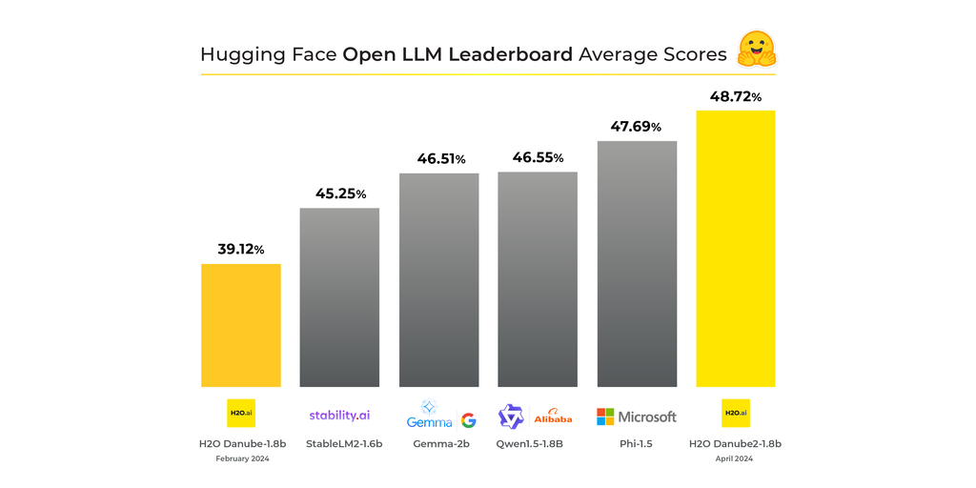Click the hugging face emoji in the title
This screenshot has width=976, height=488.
[757, 50]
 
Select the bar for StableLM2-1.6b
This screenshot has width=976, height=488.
[339, 296]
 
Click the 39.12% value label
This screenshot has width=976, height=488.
[240, 249]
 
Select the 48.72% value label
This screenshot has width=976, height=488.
[735, 96]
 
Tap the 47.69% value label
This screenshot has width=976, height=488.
[636, 127]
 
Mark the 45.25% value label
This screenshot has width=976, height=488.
[340, 193]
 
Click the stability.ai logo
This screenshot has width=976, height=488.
[339, 416]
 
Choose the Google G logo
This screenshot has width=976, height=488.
[468, 420]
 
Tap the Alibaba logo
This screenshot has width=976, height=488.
[553, 417]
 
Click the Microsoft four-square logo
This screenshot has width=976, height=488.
[605, 417]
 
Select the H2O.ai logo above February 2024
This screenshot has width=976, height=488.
[241, 413]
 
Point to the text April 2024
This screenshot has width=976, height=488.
[735, 458]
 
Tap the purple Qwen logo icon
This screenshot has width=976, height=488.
[511, 417]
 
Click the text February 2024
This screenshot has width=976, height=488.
[241, 458]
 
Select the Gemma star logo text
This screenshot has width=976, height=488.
[429, 416]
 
